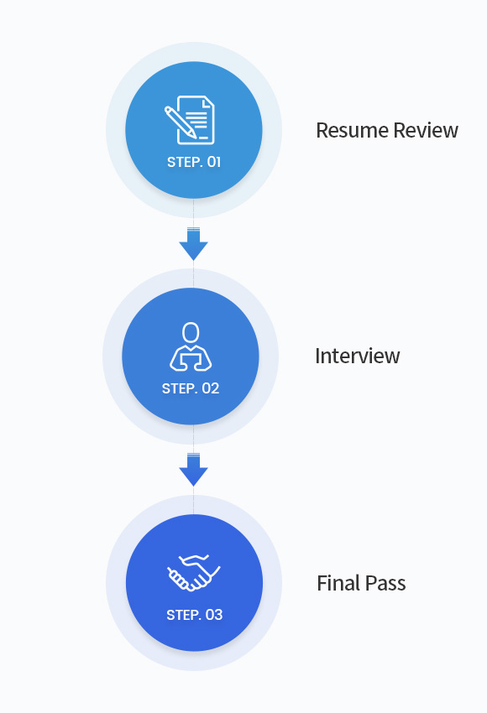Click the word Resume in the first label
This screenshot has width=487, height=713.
353,130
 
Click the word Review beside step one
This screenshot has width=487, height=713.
426,130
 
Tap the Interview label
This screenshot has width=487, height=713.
358,356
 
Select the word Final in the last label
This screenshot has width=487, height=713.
338,583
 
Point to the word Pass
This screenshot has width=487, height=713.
385,583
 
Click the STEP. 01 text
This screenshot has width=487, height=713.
194,162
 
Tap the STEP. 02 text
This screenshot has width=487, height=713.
191,388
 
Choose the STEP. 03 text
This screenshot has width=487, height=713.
194,615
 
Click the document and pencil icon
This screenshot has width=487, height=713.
189,120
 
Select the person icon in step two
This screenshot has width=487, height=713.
191,346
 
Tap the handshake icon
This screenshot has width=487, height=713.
193,573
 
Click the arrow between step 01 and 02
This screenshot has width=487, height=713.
193,244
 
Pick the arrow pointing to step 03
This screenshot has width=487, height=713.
193,470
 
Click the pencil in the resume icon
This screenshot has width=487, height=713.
181,122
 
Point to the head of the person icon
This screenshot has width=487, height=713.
191,332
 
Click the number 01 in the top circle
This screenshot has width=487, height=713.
214,162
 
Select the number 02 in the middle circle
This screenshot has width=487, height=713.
211,388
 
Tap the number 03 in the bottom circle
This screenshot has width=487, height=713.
214,615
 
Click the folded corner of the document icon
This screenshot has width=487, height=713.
208,101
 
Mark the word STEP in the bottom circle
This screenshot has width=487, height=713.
182,615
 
